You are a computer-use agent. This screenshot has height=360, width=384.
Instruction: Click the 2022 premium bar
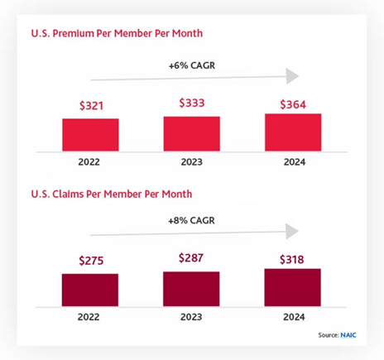point(90,134)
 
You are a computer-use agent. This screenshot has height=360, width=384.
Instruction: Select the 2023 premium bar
point(191,133)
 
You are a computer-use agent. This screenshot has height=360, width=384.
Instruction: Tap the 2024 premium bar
point(293,132)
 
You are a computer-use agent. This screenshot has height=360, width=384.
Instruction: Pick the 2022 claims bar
point(90,290)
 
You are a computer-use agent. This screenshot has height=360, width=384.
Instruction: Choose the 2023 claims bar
point(191,289)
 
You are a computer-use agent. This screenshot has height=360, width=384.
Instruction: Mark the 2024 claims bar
point(293,287)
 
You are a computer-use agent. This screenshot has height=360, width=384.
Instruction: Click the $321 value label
point(90,107)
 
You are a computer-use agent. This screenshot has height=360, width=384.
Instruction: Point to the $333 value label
point(191,104)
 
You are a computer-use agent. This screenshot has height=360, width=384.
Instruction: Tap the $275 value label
point(90,261)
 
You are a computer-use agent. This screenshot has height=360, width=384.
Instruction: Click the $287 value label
point(191,258)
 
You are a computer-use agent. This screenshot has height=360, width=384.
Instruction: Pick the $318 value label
point(293,257)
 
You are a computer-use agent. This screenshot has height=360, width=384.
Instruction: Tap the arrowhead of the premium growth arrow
point(291,76)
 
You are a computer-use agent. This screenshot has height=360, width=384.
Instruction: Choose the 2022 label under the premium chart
point(90,162)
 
